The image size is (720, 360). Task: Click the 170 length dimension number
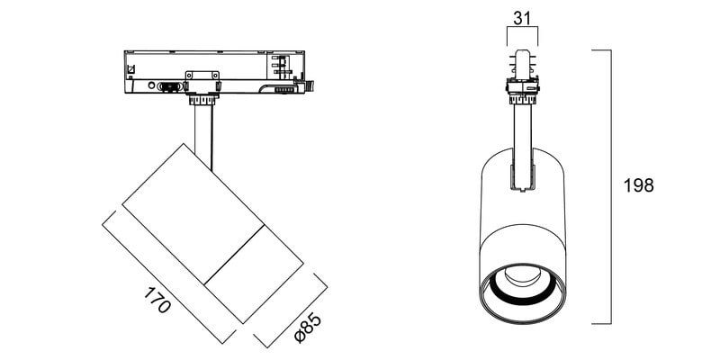pyautogui.click(x=157, y=300)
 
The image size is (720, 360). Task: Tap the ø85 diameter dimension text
pyautogui.click(x=308, y=328)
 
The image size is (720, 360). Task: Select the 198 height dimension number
pyautogui.click(x=638, y=185)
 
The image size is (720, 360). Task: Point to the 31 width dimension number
pyautogui.click(x=522, y=18)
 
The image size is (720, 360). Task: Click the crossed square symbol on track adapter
pyautogui.click(x=130, y=70)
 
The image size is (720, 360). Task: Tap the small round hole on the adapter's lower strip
pyautogui.click(x=150, y=85)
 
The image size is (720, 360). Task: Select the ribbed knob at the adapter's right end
pyautogui.click(x=310, y=85)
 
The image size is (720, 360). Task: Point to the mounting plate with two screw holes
pyautogui.click(x=202, y=76)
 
